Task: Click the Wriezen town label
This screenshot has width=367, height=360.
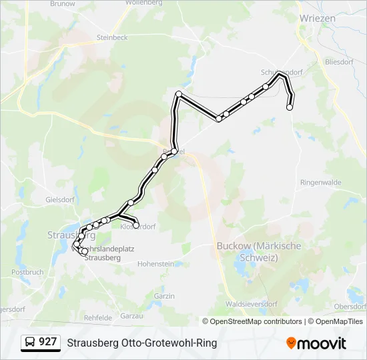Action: [318, 19]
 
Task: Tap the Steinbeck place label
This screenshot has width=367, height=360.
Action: [111, 38]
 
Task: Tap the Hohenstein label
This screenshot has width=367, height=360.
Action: [155, 264]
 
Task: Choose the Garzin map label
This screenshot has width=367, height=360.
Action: [164, 296]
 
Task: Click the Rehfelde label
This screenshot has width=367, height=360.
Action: [98, 318]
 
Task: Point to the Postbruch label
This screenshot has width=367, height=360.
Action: [27, 272]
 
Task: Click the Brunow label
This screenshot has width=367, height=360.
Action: [63, 4]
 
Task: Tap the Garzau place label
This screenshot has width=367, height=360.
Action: [133, 315]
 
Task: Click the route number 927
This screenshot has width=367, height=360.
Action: [48, 342]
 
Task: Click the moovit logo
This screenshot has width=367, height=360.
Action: [316, 343]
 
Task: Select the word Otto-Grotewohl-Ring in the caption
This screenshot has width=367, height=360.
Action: [169, 343]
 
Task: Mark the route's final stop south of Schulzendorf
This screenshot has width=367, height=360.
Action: [290, 107]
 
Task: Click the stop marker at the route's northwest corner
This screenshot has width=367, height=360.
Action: [179, 94]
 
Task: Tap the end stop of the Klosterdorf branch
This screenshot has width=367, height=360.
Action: [136, 226]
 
